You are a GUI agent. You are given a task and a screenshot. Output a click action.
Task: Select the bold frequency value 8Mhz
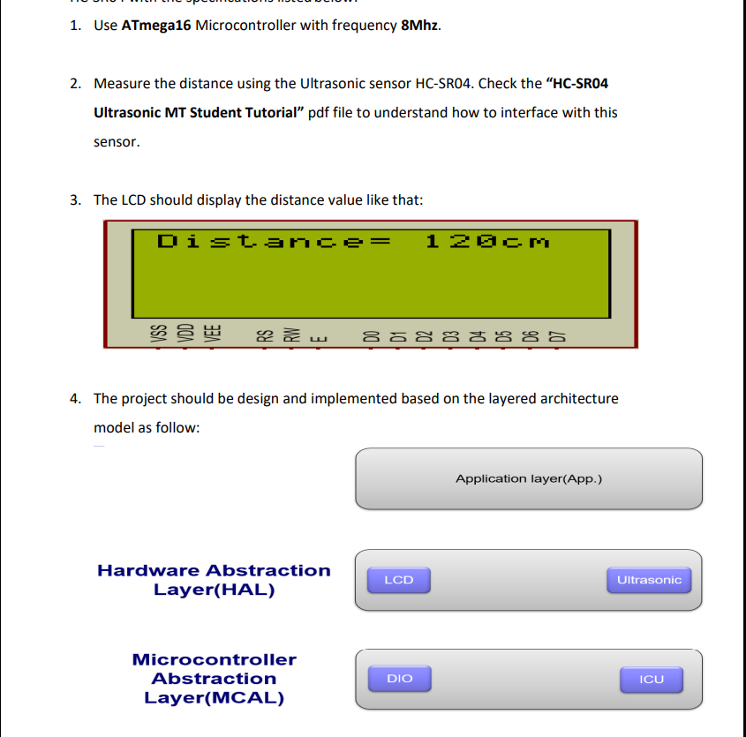click(420, 25)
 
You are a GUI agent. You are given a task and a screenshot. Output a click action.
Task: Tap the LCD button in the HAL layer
click(399, 580)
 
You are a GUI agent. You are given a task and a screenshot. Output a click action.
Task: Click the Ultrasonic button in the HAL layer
click(649, 580)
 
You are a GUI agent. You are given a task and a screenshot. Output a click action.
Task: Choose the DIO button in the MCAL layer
click(400, 678)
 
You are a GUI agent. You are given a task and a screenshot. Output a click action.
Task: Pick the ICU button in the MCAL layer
click(652, 679)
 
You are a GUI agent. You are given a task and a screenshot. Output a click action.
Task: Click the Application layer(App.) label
click(529, 478)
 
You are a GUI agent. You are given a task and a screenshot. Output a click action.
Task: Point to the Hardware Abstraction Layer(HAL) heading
click(214, 580)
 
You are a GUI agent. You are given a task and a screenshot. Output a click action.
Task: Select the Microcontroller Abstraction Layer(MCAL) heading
click(215, 679)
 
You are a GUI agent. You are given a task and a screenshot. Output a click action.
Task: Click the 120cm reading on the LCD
click(486, 241)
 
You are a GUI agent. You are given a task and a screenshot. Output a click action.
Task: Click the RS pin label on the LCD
click(263, 335)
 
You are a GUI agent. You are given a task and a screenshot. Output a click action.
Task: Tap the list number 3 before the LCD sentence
click(75, 200)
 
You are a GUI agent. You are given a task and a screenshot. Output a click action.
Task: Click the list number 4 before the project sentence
click(75, 399)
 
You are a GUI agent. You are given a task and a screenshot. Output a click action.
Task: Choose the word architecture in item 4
click(576, 399)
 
